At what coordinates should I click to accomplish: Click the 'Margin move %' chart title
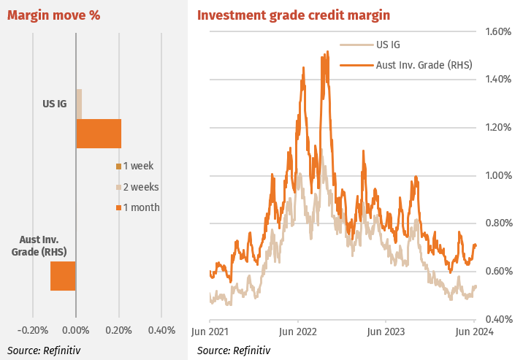54,15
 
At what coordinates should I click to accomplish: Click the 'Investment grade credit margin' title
294,15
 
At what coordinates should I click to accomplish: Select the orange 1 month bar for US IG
99,133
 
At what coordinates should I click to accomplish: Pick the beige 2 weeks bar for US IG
79,103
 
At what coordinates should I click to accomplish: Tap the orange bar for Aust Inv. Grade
63,275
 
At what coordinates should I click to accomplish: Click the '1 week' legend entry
137,166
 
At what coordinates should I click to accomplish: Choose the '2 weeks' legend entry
140,187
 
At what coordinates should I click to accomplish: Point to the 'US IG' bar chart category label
54,104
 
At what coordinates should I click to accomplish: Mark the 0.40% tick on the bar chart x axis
161,330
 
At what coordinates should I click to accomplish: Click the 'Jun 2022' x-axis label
298,331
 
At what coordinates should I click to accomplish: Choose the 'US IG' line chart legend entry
388,45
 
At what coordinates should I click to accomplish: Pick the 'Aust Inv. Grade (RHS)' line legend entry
424,65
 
